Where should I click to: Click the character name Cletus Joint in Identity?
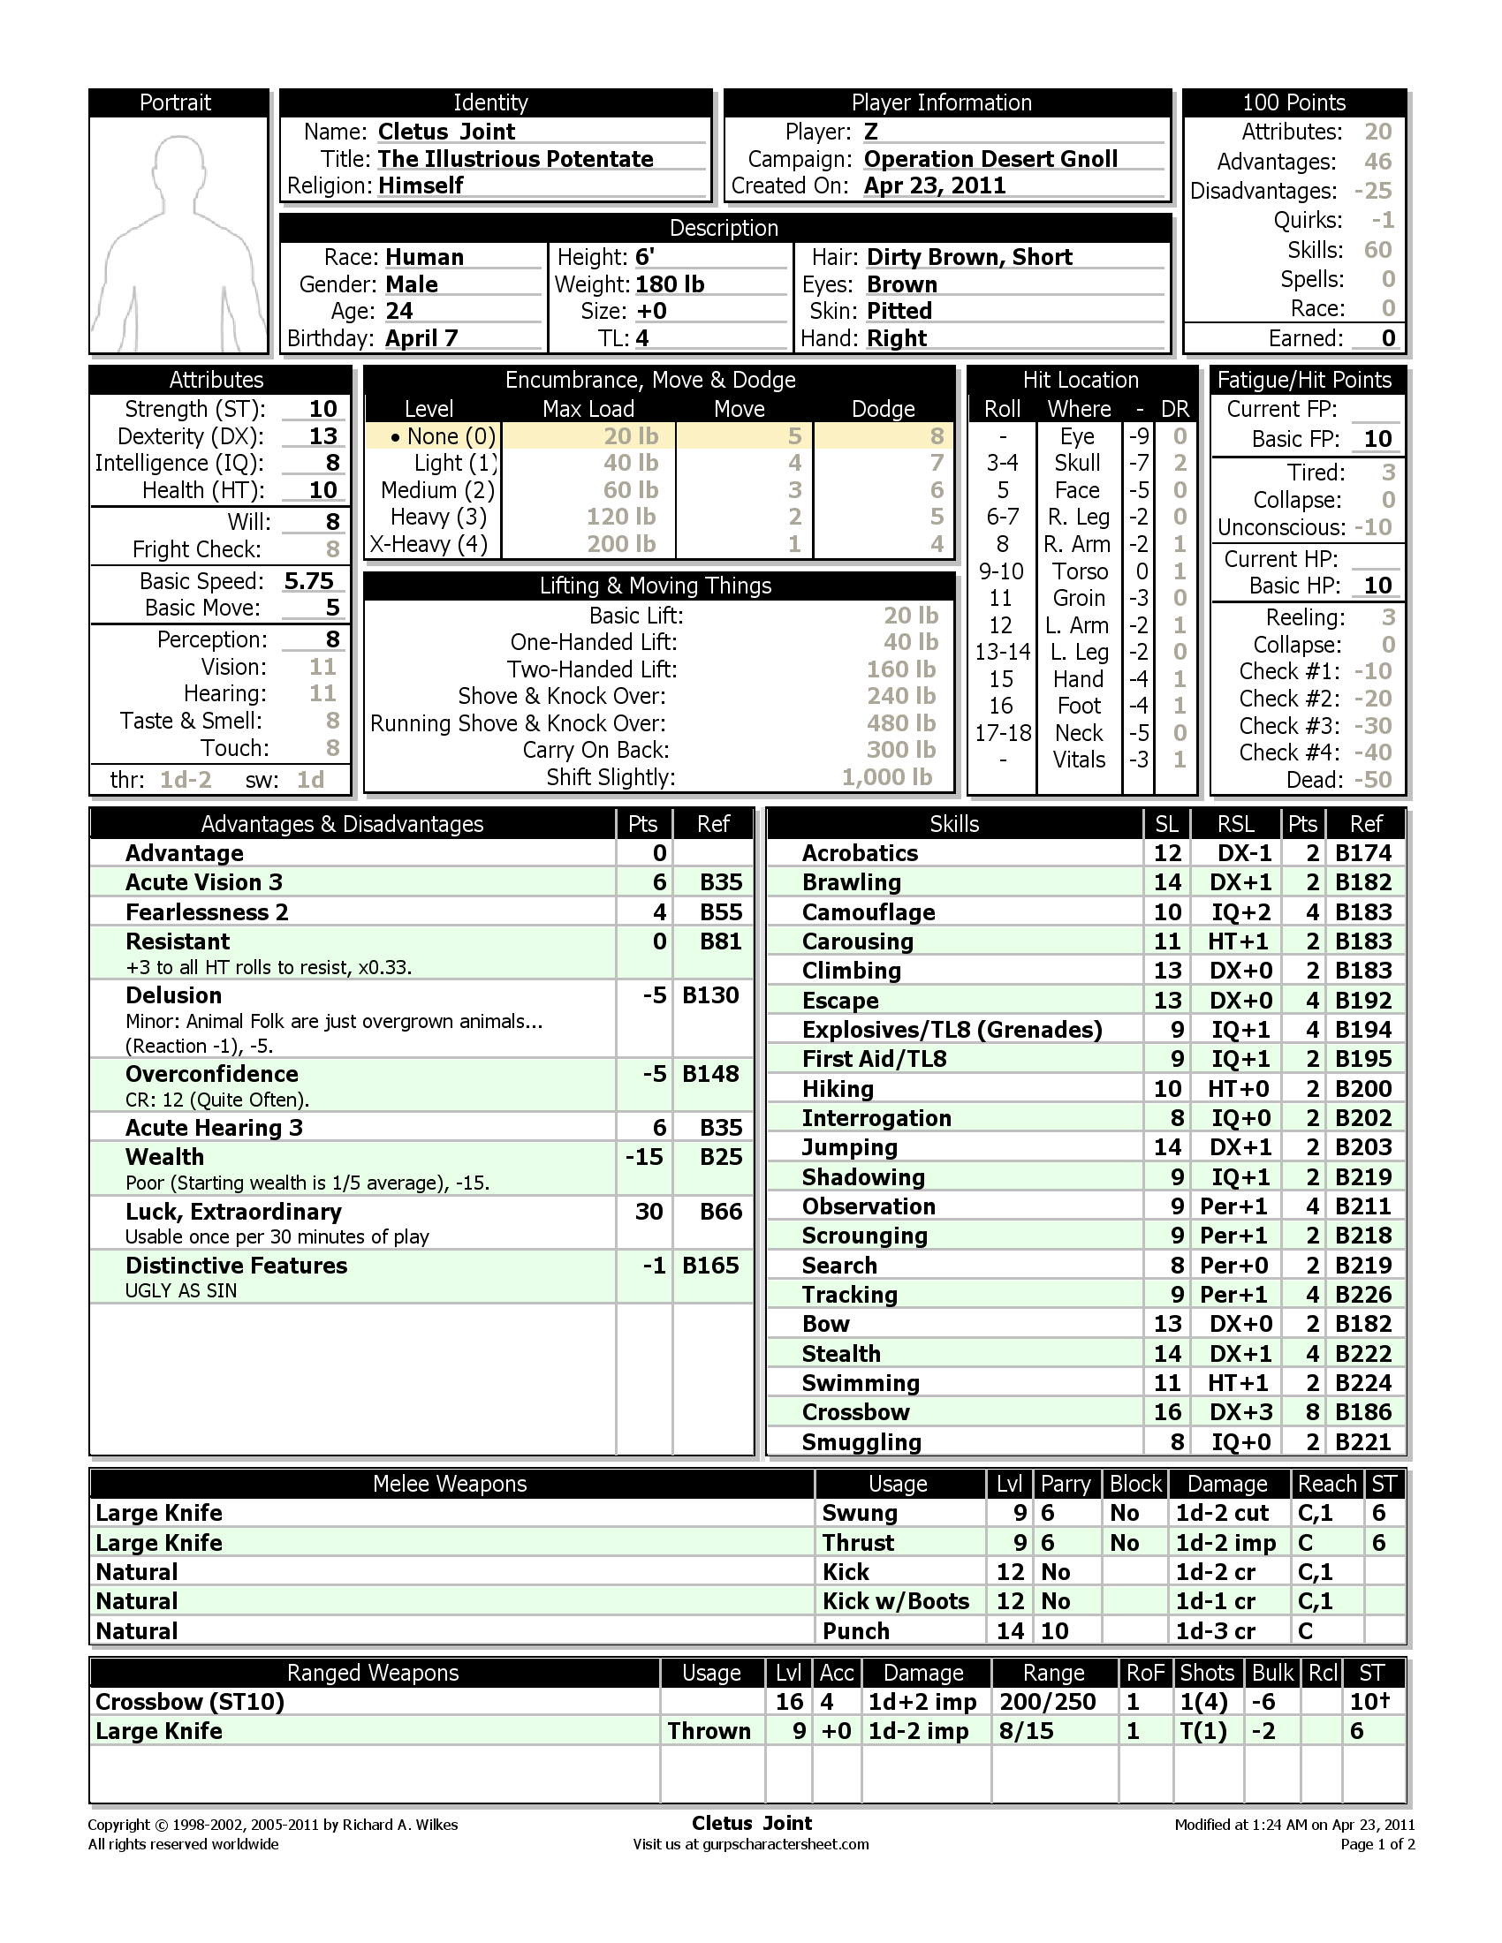[x=446, y=132]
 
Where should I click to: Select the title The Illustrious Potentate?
[x=515, y=159]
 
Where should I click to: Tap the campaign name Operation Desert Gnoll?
[x=990, y=159]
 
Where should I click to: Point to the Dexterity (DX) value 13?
[x=322, y=436]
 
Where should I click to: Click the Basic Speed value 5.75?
[x=307, y=581]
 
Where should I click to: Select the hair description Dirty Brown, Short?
[x=969, y=257]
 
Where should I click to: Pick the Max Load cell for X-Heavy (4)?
[x=620, y=543]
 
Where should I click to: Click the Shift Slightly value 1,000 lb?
[x=886, y=777]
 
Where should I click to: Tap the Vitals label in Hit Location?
[x=1079, y=760]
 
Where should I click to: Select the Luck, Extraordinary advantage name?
[x=233, y=1212]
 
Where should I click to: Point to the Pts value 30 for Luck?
[x=649, y=1212]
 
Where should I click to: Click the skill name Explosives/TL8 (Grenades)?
[x=952, y=1029]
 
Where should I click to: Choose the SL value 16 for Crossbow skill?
[x=1166, y=1412]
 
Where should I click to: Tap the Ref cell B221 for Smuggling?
[x=1363, y=1442]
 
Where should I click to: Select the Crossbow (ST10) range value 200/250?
[x=1047, y=1702]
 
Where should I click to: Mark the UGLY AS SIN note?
[x=180, y=1291]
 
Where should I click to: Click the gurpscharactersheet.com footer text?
[x=785, y=1844]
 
